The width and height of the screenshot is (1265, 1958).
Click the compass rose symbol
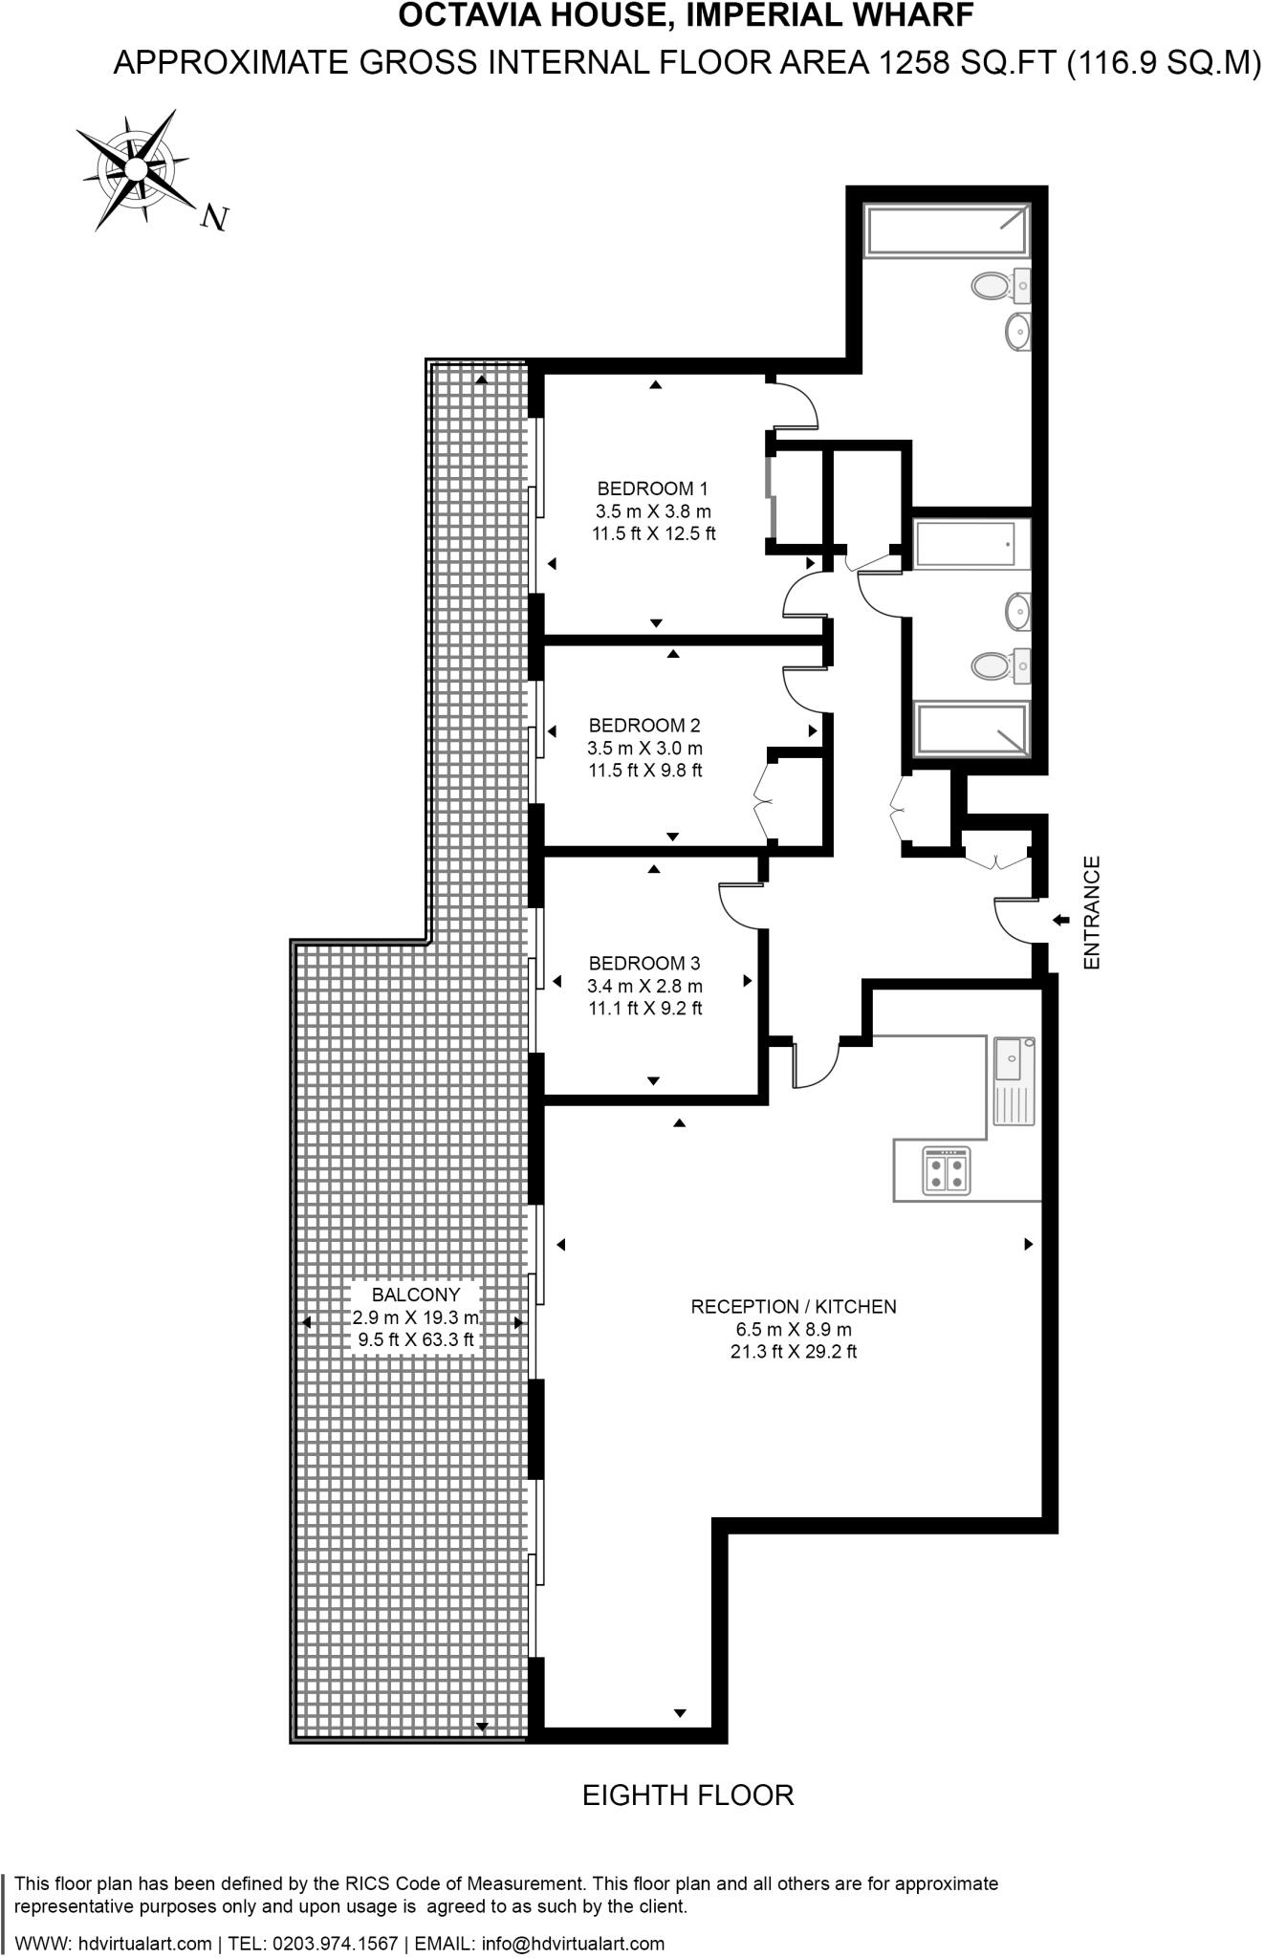click(x=134, y=170)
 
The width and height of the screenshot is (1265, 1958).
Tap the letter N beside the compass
click(x=215, y=219)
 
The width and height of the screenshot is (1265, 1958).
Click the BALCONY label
click(x=416, y=1294)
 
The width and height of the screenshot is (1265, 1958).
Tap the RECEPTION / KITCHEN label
click(x=794, y=1306)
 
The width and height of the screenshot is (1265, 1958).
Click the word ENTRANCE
click(x=1092, y=913)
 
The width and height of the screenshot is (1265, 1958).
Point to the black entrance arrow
click(x=1060, y=920)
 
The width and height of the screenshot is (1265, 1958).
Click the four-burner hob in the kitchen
click(x=946, y=1171)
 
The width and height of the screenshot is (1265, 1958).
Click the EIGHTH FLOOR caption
click(x=687, y=1795)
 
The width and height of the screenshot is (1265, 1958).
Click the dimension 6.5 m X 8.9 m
click(x=794, y=1329)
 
